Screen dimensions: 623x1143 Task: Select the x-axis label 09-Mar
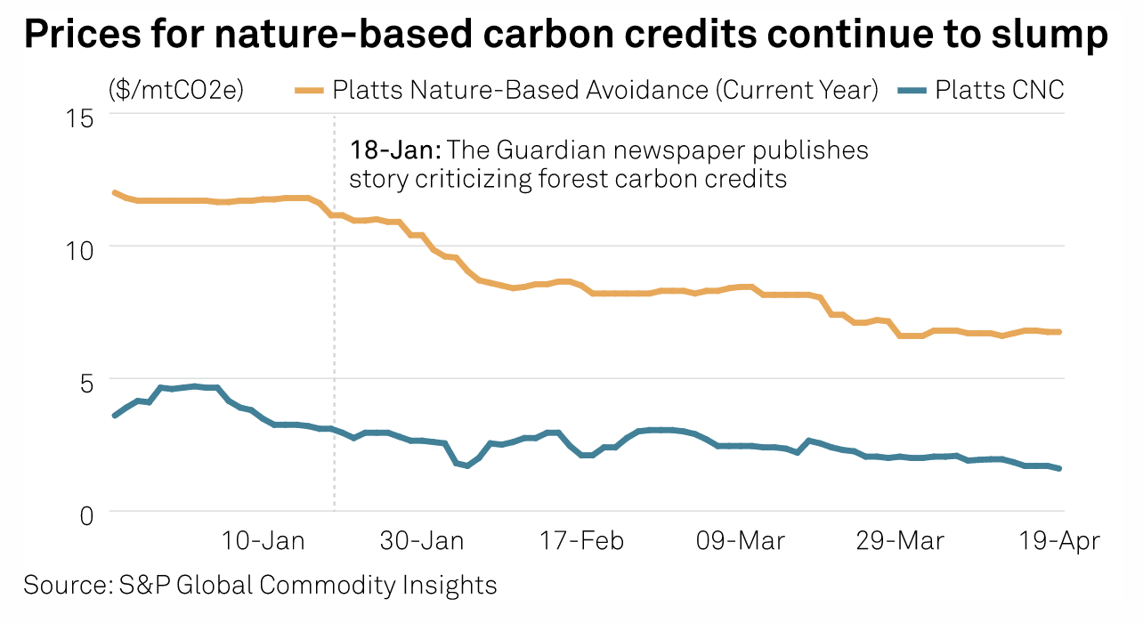pyautogui.click(x=741, y=541)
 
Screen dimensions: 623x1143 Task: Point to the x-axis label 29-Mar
pyautogui.click(x=899, y=541)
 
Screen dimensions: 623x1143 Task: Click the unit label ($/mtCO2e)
pyautogui.click(x=176, y=89)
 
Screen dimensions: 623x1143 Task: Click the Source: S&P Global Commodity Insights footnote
pyautogui.click(x=260, y=585)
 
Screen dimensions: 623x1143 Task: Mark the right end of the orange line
pyautogui.click(x=1060, y=332)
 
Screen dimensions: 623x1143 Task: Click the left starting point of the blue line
pyautogui.click(x=115, y=416)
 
